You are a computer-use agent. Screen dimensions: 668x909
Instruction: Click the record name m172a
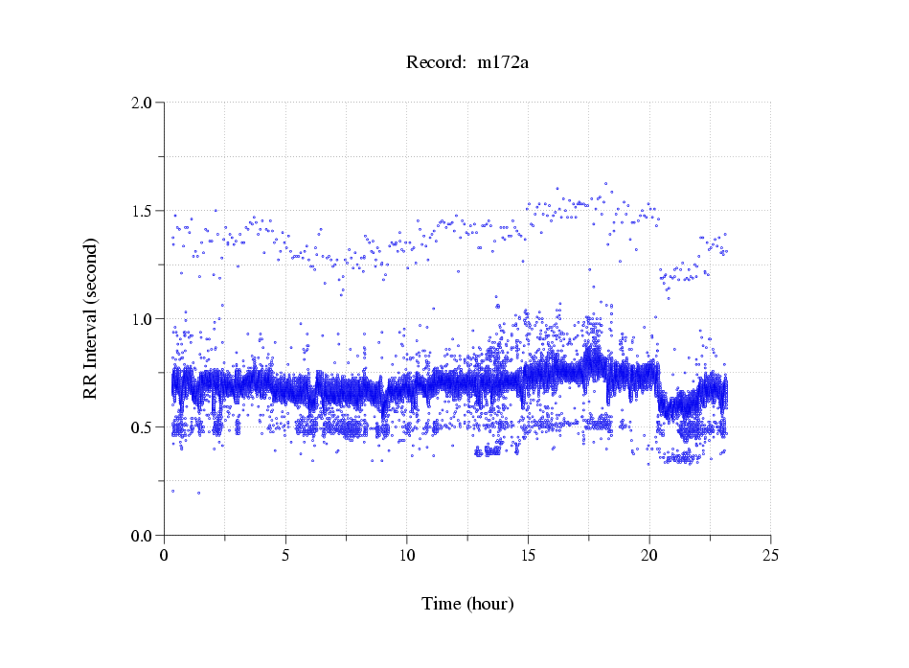[503, 63]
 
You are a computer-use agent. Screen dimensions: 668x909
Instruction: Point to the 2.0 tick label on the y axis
[142, 103]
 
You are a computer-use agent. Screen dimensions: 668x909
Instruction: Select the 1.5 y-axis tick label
[142, 211]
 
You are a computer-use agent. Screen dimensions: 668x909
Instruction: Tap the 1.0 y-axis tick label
[142, 319]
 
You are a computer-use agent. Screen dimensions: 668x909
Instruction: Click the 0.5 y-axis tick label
[142, 427]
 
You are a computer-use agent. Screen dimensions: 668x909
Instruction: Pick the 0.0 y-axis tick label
[142, 536]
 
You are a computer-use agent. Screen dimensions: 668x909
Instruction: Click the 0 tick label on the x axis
[165, 555]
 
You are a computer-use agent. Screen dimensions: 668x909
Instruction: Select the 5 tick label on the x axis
[285, 555]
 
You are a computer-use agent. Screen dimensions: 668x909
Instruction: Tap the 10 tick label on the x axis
[407, 555]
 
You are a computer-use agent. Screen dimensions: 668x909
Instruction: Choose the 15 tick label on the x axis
[528, 555]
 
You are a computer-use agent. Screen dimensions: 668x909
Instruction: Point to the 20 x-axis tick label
[649, 555]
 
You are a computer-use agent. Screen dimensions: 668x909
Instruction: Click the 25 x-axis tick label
[770, 555]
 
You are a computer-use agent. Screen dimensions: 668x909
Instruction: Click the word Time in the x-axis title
[443, 604]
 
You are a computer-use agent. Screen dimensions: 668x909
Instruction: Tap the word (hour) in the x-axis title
[490, 605]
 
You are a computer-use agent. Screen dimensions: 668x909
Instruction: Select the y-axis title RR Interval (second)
[90, 319]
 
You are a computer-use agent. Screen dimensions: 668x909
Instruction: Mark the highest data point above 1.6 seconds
[605, 183]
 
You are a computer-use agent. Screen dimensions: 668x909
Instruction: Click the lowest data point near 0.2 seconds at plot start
[172, 491]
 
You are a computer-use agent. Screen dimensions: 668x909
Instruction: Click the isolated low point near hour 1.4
[198, 493]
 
